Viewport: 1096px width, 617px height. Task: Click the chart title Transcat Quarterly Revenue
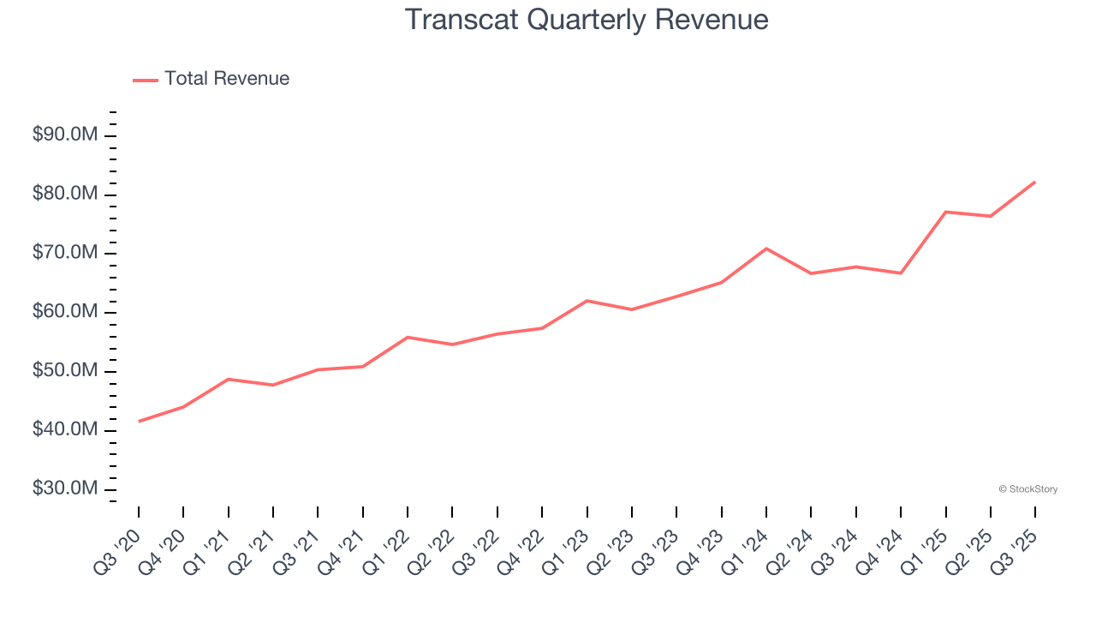(586, 20)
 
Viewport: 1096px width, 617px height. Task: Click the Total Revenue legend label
(227, 79)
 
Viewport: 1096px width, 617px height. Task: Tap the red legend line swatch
(146, 80)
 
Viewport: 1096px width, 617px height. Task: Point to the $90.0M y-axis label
(65, 135)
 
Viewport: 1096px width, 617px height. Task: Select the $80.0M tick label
(65, 195)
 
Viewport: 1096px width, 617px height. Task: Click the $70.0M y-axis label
(65, 254)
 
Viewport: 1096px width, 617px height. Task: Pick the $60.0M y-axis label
(65, 312)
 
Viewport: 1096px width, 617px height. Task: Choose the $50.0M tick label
(65, 371)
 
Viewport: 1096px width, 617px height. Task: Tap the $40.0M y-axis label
(65, 429)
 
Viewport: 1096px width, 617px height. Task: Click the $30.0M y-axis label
(65, 488)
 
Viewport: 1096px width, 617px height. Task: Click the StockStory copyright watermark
(1027, 489)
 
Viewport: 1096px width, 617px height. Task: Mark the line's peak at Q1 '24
(766, 249)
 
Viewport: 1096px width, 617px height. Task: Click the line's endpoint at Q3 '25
(1035, 182)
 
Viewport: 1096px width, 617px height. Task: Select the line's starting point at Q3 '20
(139, 421)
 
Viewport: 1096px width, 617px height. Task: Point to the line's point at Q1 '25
(945, 212)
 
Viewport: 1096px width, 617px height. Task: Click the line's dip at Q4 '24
(901, 273)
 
